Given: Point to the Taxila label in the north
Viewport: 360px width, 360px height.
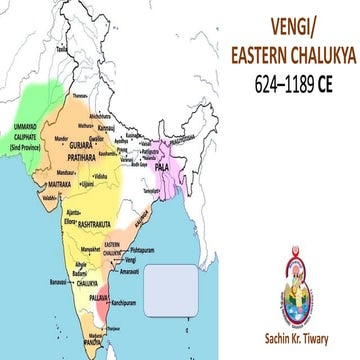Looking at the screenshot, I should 63,47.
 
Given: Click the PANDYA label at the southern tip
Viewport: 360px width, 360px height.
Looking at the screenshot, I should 92,342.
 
